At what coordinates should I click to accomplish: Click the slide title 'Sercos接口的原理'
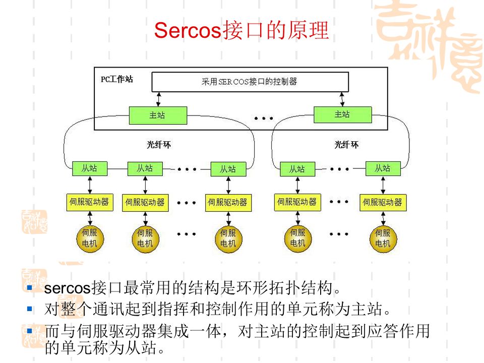241,31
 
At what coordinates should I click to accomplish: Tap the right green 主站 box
342,114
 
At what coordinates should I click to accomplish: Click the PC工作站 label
116,79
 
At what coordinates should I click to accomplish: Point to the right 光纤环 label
347,145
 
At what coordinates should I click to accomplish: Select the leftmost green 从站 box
90,168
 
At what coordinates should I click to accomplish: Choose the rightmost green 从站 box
383,168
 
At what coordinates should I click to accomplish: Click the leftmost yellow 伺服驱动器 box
90,202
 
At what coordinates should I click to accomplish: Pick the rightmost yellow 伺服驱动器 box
383,203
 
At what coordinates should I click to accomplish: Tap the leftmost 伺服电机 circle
90,238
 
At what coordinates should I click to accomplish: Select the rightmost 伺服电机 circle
383,238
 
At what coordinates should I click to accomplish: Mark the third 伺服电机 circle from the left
228,238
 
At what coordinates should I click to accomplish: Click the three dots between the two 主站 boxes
263,118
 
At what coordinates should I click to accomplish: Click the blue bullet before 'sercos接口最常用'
29,288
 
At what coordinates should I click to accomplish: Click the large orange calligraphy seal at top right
431,45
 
